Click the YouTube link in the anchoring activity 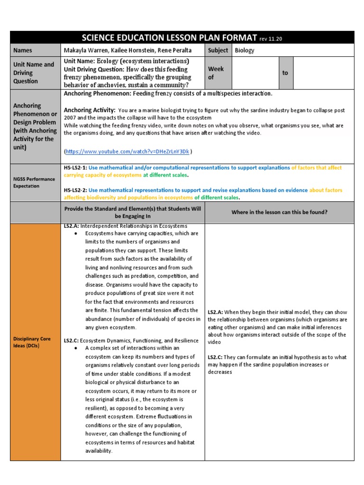(x=127, y=152)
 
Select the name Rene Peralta (x=177, y=50)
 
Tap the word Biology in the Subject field (x=245, y=50)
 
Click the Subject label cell (x=218, y=50)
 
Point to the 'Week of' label (x=216, y=73)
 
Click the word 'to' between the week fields (x=285, y=73)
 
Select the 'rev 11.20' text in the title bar (x=271, y=38)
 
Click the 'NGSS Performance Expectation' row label (x=34, y=182)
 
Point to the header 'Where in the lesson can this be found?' (x=279, y=212)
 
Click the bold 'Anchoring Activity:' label (x=90, y=110)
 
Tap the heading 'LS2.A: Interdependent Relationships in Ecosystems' (x=126, y=226)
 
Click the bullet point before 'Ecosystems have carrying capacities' (x=76, y=234)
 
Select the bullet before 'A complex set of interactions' (x=76, y=348)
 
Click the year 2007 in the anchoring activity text (x=70, y=117)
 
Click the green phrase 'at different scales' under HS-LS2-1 (x=165, y=175)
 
